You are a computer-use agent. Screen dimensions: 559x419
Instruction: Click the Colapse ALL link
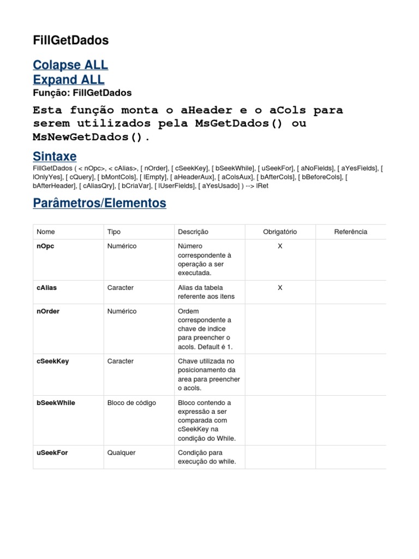70,65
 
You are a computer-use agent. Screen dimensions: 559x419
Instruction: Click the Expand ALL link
69,80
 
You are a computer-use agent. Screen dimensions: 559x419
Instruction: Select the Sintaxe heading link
55,157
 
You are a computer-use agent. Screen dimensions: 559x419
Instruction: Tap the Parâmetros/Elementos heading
99,203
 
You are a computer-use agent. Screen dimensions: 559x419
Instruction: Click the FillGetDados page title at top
70,40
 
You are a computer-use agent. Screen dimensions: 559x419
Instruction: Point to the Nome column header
46,232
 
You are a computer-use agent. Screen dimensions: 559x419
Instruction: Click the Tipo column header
114,232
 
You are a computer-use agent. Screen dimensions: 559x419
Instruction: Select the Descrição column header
193,232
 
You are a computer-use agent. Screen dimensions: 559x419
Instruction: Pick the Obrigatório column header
280,232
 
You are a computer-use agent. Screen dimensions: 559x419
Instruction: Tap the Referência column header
350,232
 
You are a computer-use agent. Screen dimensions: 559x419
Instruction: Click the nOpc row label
45,246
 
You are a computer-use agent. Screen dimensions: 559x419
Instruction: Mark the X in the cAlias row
280,288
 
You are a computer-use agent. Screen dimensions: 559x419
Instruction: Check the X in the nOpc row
280,246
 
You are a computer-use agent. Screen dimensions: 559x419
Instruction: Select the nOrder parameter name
48,311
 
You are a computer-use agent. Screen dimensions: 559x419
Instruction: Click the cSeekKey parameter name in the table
52,361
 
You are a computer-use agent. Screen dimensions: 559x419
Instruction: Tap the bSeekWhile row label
56,403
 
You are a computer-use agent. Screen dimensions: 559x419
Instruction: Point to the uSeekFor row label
52,453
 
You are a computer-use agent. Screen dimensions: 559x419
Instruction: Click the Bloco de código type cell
131,403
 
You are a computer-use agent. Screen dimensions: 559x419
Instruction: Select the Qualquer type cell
122,453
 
